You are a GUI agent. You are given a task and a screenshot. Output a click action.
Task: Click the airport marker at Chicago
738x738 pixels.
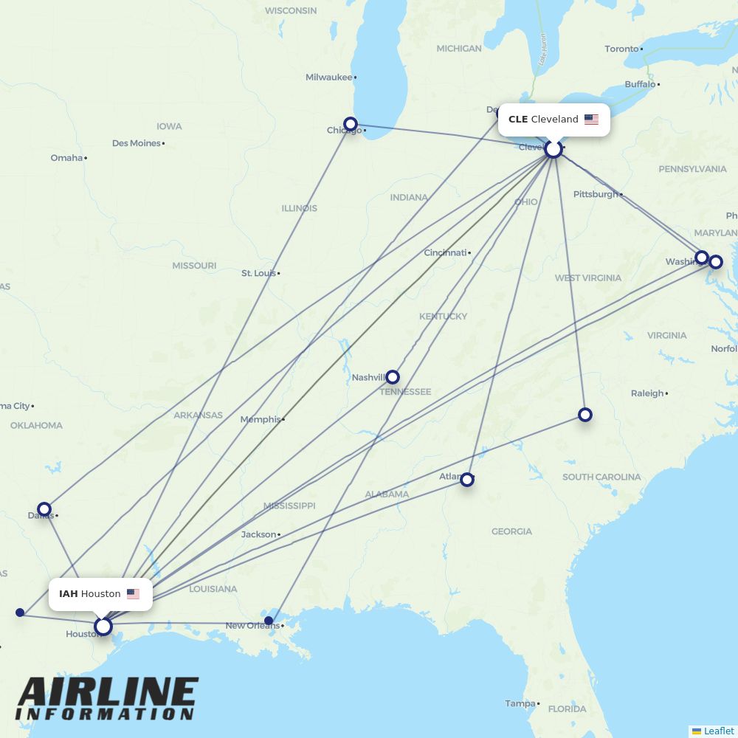pyautogui.click(x=351, y=124)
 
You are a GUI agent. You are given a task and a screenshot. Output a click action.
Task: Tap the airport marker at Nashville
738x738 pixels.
pyautogui.click(x=393, y=377)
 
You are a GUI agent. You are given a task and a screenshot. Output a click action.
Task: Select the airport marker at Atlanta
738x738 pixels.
pyautogui.click(x=467, y=480)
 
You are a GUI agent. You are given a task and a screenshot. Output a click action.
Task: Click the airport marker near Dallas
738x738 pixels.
pyautogui.click(x=44, y=509)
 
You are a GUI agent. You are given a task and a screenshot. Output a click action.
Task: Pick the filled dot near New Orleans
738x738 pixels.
pyautogui.click(x=269, y=621)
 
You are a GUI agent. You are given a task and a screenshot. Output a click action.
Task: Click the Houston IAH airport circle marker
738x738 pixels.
pyautogui.click(x=103, y=627)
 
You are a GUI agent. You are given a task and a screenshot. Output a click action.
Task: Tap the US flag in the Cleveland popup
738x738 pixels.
pyautogui.click(x=591, y=120)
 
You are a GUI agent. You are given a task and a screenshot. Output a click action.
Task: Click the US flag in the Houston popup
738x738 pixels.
pyautogui.click(x=133, y=594)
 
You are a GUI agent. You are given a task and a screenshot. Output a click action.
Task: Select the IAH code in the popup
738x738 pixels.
pyautogui.click(x=68, y=594)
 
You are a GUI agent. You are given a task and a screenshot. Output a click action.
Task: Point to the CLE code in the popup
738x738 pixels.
pyautogui.click(x=517, y=120)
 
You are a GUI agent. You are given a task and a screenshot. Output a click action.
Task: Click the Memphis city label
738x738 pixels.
pyautogui.click(x=261, y=419)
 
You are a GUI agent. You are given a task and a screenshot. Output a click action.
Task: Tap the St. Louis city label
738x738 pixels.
pyautogui.click(x=258, y=273)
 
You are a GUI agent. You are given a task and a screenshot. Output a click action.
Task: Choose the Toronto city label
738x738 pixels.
pyautogui.click(x=621, y=49)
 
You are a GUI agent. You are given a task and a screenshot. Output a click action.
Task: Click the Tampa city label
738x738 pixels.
pyautogui.click(x=520, y=703)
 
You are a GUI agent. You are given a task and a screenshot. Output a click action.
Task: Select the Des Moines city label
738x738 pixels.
pyautogui.click(x=136, y=143)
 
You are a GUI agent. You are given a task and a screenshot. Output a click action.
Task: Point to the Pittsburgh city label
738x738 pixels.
pyautogui.click(x=595, y=194)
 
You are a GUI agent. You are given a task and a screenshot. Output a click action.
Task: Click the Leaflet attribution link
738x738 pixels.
pyautogui.click(x=718, y=731)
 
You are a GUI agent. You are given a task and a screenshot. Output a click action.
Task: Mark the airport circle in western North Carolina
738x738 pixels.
pyautogui.click(x=585, y=415)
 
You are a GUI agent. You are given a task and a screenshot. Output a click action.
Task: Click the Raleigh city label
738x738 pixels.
pyautogui.click(x=647, y=393)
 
